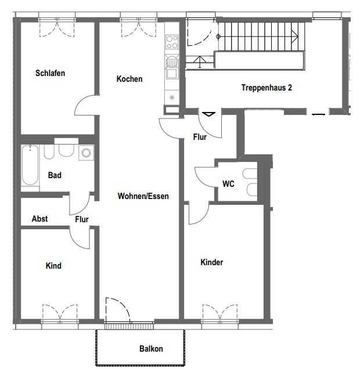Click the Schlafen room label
tap(50, 73)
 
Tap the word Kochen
tap(129, 79)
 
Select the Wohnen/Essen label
tap(143, 196)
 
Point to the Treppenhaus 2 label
tap(267, 88)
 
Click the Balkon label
tap(151, 348)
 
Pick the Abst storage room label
tap(39, 219)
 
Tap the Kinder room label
tap(212, 262)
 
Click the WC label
tap(228, 184)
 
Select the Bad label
tap(55, 175)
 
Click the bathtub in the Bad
tap(30, 165)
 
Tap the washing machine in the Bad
tap(86, 153)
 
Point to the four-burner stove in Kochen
tap(172, 42)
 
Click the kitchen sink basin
tap(172, 73)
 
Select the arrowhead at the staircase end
tap(295, 37)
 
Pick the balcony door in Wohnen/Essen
tap(118, 310)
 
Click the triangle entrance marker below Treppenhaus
tap(208, 114)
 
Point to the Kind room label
tap(53, 266)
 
